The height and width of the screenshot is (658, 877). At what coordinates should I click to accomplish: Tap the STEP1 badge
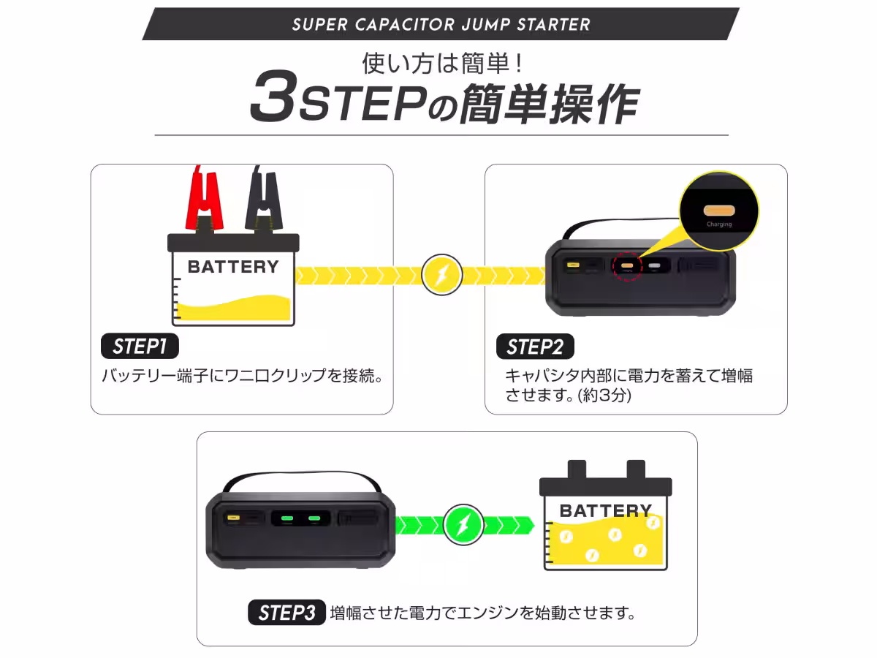click(139, 346)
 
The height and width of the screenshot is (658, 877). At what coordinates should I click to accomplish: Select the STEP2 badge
click(535, 347)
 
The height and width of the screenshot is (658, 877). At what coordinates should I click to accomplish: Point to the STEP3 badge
click(286, 612)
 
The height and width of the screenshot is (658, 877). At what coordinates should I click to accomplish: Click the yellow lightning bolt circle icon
click(442, 275)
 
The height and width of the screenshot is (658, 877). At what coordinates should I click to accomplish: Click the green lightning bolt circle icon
click(463, 524)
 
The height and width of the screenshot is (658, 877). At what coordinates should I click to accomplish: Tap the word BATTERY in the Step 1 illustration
click(233, 267)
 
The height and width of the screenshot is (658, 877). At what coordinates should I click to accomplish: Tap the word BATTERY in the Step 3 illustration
click(605, 510)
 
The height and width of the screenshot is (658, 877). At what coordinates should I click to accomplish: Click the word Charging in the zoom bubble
click(719, 224)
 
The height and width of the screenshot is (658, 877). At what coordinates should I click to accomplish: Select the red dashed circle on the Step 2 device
click(626, 266)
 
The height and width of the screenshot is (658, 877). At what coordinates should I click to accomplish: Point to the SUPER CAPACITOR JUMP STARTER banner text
click(441, 25)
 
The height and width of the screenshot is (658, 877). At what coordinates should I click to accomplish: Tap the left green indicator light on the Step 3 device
click(287, 518)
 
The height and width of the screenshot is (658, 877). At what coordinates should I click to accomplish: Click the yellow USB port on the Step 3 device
click(233, 518)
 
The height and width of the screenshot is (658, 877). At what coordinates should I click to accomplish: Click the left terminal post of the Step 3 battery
click(577, 468)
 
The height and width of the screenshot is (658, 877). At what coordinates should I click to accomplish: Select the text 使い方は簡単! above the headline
click(442, 63)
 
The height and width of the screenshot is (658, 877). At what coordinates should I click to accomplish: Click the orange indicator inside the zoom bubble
click(718, 209)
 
